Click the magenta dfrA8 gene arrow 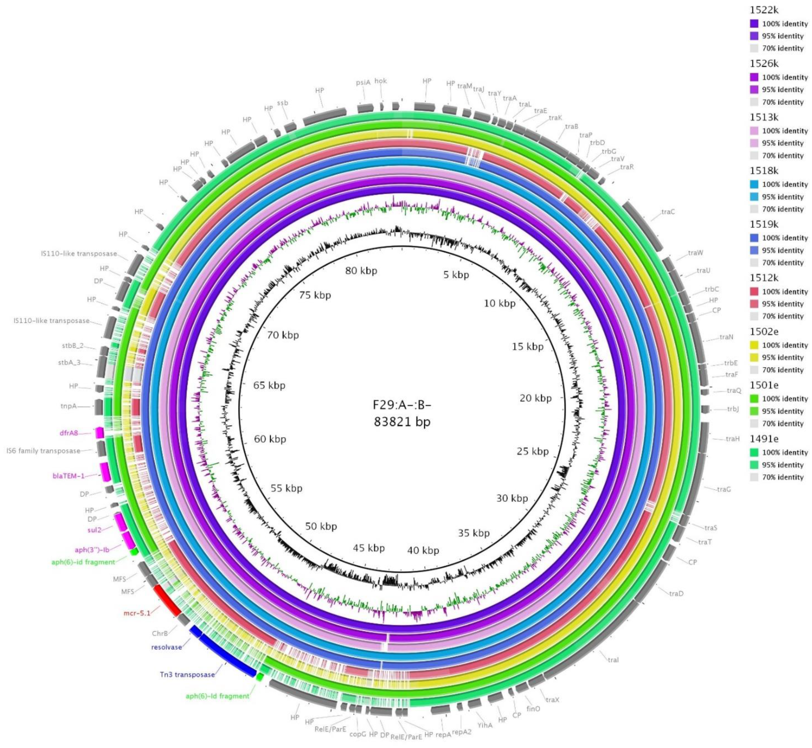coord(100,433)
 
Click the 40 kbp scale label coord(423,550)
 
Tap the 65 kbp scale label coord(269,385)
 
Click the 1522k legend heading coord(764,10)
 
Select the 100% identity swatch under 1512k coord(754,291)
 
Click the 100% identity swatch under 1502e coord(754,345)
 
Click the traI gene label coord(613,660)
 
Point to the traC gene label coord(668,212)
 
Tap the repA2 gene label coord(462,732)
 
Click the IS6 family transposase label coord(43,450)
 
